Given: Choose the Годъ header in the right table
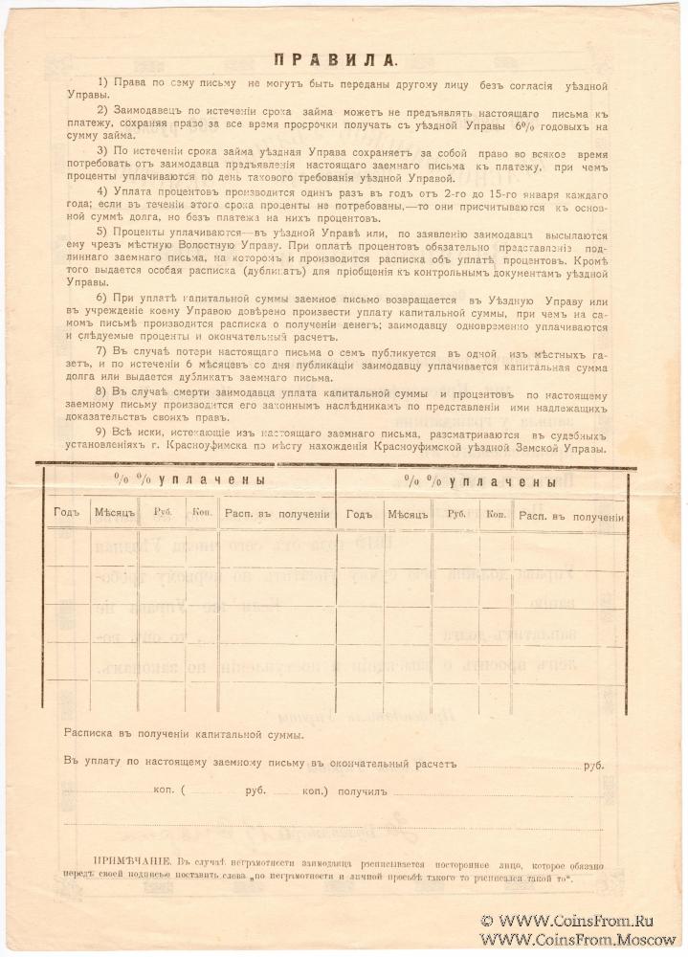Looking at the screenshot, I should click(x=359, y=514).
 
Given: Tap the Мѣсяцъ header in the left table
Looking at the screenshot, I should click(x=115, y=513).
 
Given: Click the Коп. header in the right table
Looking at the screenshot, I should click(x=495, y=514).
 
